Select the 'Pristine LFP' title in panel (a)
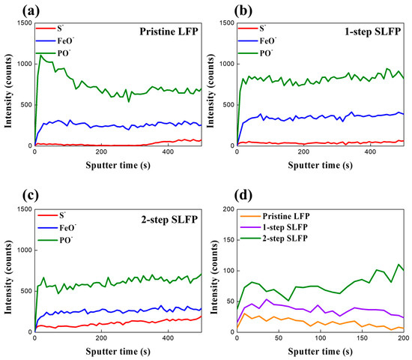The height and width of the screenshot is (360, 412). (x=164, y=32)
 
